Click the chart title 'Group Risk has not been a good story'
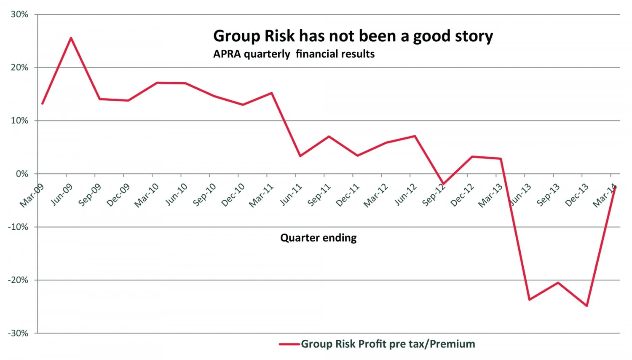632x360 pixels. click(353, 36)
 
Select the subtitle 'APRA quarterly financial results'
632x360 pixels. click(294, 54)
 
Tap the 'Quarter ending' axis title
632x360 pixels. click(318, 238)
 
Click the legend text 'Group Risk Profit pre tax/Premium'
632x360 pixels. click(388, 344)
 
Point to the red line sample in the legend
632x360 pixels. click(289, 344)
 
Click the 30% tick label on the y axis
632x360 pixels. click(19, 15)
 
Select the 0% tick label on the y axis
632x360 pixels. click(22, 174)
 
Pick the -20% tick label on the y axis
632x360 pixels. click(18, 280)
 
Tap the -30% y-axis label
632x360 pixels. click(18, 333)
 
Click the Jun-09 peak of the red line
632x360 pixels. click(71, 38)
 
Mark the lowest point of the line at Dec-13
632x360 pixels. click(587, 306)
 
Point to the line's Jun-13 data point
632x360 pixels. click(529, 299)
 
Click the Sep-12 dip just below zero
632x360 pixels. click(443, 184)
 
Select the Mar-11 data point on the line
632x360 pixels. click(272, 93)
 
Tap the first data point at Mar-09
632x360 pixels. click(43, 103)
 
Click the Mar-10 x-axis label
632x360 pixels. click(147, 195)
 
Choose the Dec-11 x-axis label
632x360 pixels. click(348, 195)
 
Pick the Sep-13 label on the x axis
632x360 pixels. click(548, 195)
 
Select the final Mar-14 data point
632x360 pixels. click(616, 187)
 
